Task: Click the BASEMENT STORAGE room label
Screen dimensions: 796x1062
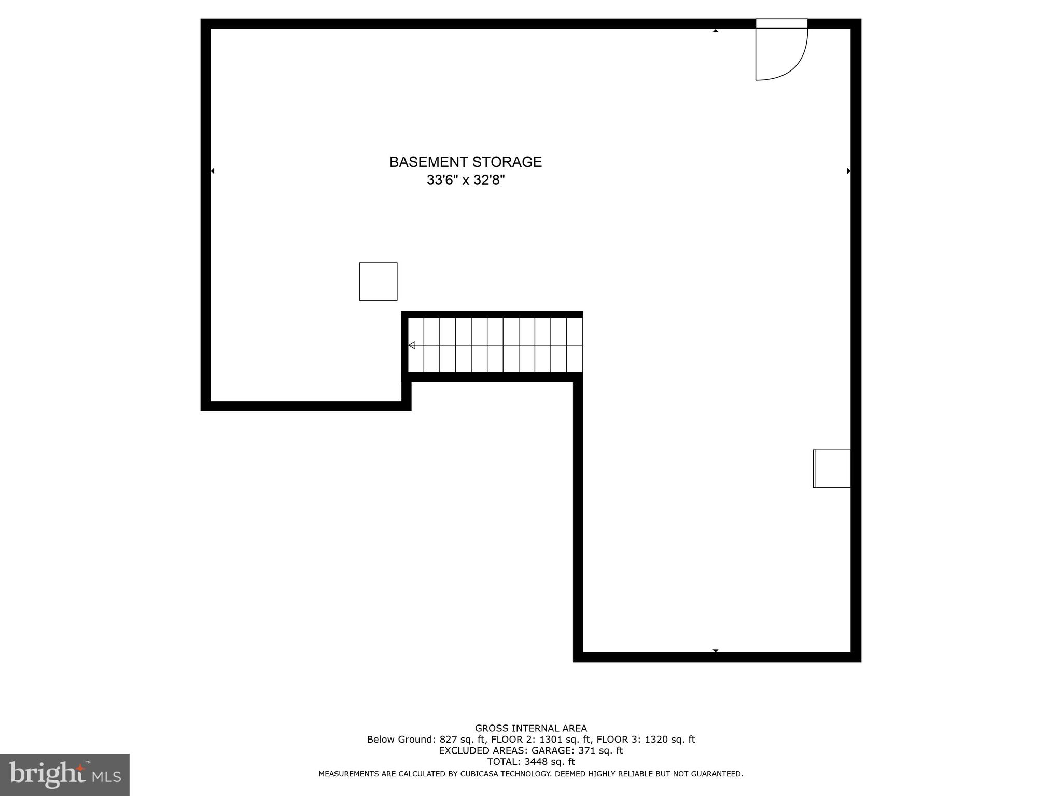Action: point(465,162)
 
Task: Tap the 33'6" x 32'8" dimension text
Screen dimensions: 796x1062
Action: point(465,180)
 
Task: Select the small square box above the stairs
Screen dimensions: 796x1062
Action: point(378,281)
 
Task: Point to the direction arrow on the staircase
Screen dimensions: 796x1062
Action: point(412,345)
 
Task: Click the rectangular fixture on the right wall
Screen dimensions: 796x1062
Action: point(832,468)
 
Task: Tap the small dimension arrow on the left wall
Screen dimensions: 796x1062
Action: point(213,171)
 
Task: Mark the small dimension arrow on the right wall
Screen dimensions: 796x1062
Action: point(848,171)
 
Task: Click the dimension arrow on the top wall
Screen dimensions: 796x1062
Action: point(716,31)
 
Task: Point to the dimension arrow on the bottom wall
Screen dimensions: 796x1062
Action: point(716,651)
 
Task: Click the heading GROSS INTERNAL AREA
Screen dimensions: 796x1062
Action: point(530,728)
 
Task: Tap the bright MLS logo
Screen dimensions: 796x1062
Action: point(64,774)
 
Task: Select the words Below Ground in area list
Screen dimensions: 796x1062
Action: point(400,740)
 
